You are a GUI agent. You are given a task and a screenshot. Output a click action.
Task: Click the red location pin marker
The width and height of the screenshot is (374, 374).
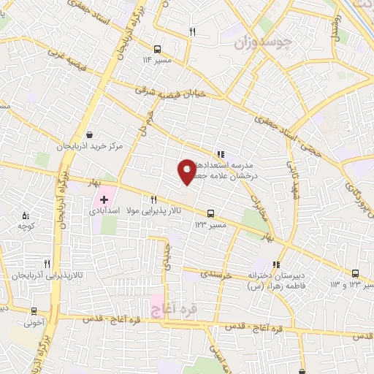click(186, 171)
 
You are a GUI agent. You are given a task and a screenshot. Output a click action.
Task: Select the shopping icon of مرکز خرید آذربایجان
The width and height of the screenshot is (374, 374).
click(89, 134)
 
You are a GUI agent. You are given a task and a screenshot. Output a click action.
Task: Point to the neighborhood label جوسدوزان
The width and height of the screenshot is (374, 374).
click(264, 43)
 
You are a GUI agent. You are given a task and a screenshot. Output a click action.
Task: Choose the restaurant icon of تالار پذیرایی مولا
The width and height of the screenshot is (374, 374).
click(153, 199)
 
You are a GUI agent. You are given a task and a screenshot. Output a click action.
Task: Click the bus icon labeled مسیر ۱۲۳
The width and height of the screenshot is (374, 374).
click(211, 215)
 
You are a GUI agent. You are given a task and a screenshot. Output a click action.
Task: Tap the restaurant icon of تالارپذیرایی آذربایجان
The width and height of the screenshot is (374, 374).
click(47, 264)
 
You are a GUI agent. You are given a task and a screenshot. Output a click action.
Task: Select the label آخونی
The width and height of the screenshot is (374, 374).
click(34, 320)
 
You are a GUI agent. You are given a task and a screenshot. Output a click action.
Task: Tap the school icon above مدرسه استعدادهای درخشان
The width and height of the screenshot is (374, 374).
click(220, 153)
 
